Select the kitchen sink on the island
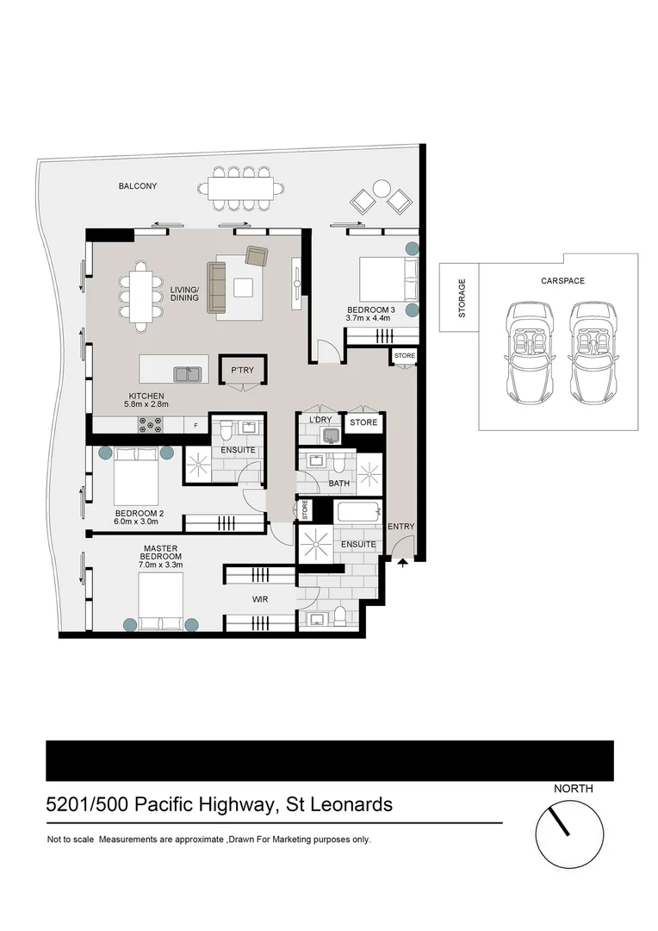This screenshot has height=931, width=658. point(187,373)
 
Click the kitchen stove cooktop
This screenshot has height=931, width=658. point(152,424)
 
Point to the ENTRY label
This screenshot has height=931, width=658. point(401,527)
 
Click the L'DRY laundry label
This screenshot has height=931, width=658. point(320,420)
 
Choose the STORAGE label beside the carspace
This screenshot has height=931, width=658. point(462,297)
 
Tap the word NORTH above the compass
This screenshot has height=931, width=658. point(573,788)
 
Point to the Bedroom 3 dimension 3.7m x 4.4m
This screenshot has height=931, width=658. point(369,318)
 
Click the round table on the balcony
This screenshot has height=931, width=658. point(381,188)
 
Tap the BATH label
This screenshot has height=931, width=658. point(339,484)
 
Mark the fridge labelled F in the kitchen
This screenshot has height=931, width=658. point(196,425)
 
